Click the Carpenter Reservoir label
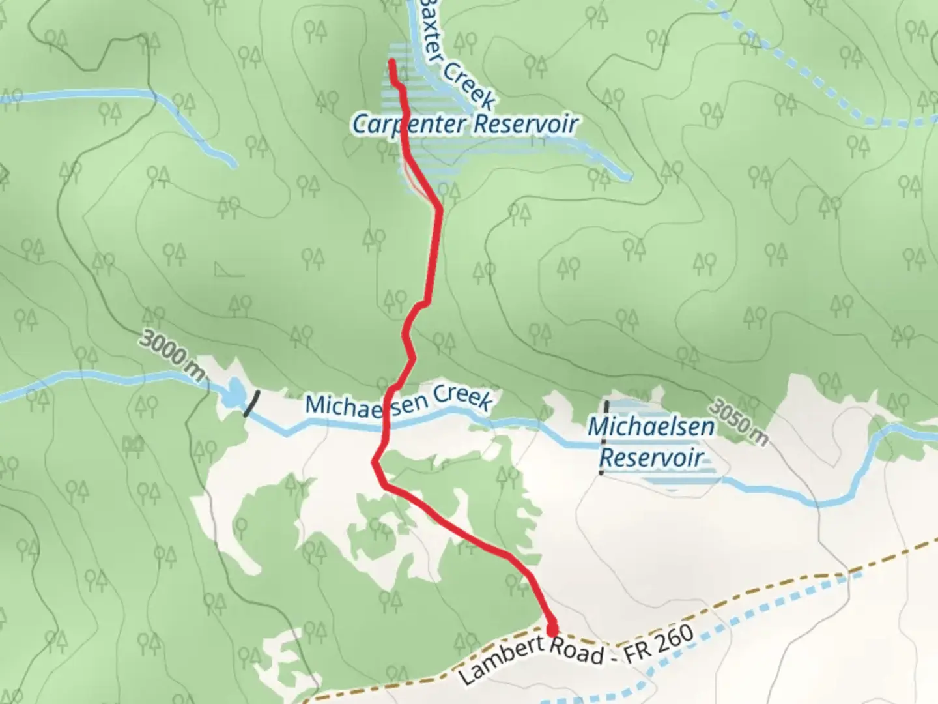(465, 124)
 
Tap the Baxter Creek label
(457, 55)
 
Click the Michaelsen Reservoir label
(651, 442)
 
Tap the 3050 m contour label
(737, 423)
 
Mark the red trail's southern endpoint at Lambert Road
(552, 630)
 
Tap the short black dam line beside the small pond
(251, 403)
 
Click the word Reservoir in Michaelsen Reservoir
(651, 457)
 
